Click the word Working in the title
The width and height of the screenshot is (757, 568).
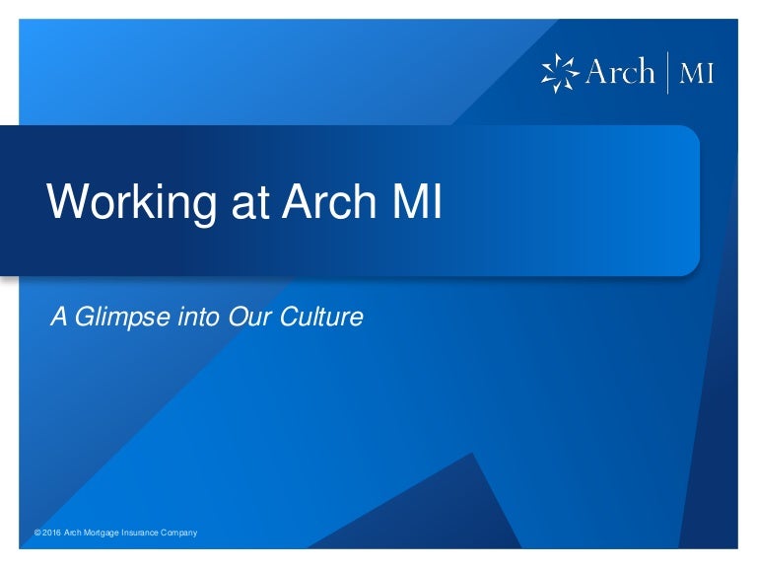[131, 202]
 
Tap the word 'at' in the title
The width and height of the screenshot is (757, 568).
[249, 203]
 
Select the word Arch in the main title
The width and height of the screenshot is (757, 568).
[329, 201]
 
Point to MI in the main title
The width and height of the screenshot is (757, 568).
[417, 201]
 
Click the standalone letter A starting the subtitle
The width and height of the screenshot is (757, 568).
[59, 317]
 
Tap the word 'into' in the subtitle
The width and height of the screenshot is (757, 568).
[198, 317]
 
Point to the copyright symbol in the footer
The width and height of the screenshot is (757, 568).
[37, 532]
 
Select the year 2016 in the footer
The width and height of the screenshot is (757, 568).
[51, 532]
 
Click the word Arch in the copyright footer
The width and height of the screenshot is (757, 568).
[72, 532]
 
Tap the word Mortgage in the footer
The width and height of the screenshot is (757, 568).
[102, 533]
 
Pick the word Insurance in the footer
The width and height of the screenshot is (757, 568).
[140, 532]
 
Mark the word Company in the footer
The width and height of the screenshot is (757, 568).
[179, 533]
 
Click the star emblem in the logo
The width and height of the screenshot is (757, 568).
[560, 73]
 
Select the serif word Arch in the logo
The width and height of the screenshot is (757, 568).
[620, 71]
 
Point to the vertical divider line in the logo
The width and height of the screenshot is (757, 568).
[667, 72]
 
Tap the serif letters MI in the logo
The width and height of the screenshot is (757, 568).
[696, 74]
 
